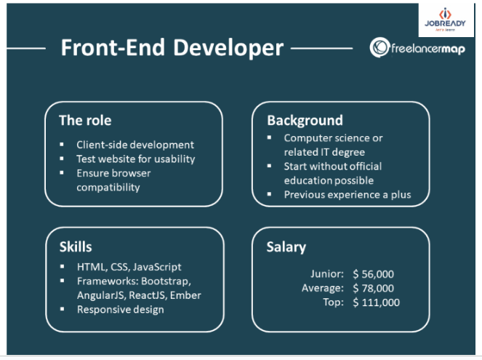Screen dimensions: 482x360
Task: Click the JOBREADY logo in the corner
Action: click(445, 20)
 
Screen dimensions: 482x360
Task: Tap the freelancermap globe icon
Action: click(379, 47)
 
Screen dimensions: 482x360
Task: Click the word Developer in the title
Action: click(228, 48)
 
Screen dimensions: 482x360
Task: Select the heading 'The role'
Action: click(85, 120)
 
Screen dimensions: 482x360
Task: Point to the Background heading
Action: click(305, 121)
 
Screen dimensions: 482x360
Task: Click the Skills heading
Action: click(76, 247)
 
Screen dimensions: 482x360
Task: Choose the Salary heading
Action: click(286, 247)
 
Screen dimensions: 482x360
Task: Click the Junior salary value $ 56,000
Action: click(373, 274)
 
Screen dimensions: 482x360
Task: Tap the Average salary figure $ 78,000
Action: click(373, 288)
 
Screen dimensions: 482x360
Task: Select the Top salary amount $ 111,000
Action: click(377, 303)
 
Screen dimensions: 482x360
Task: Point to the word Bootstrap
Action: click(166, 281)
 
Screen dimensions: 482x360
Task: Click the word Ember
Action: click(185, 295)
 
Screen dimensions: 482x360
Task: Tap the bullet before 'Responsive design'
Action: click(63, 308)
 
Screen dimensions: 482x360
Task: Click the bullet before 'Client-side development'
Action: click(62, 144)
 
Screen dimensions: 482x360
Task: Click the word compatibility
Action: click(108, 188)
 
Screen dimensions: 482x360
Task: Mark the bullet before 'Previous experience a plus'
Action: click(269, 194)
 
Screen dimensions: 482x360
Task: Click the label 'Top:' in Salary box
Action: click(333, 303)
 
